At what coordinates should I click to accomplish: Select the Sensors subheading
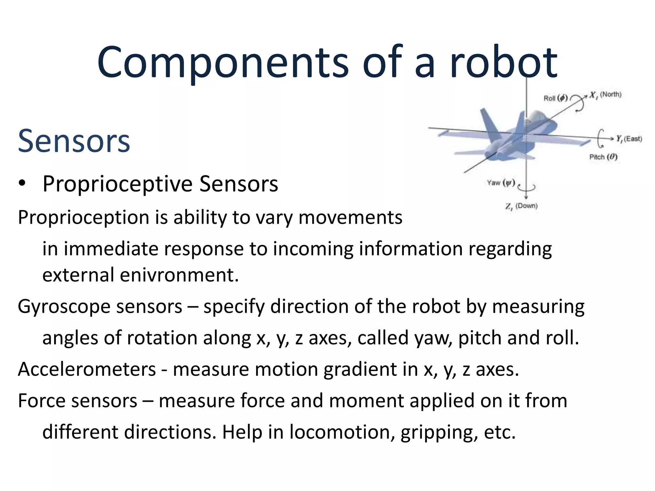coord(74,141)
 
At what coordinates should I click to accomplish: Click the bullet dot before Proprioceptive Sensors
coord(22,183)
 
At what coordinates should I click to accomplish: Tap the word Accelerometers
coord(87,369)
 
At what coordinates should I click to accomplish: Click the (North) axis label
coord(611,94)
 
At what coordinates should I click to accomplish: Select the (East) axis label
coord(633,139)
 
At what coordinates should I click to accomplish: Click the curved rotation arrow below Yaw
coord(527,187)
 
